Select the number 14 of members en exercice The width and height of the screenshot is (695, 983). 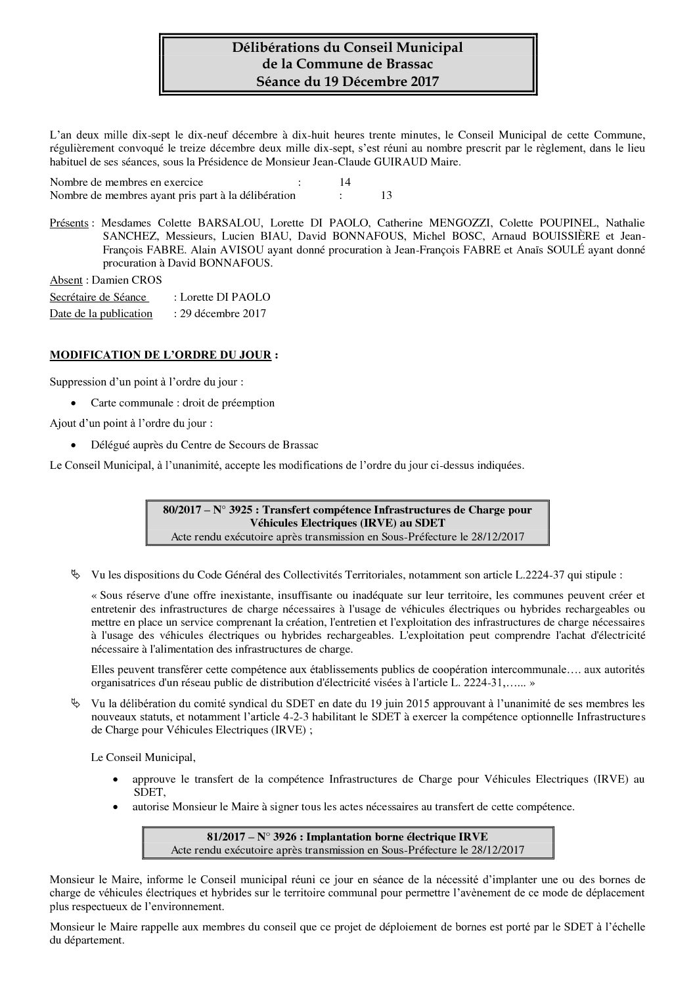click(345, 182)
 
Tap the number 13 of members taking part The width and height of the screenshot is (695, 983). click(386, 195)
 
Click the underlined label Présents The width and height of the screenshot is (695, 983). click(69, 223)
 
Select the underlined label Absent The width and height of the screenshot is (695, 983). click(66, 280)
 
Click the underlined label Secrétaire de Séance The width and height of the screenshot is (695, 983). click(99, 297)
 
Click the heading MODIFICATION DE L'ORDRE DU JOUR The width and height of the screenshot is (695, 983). click(161, 355)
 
